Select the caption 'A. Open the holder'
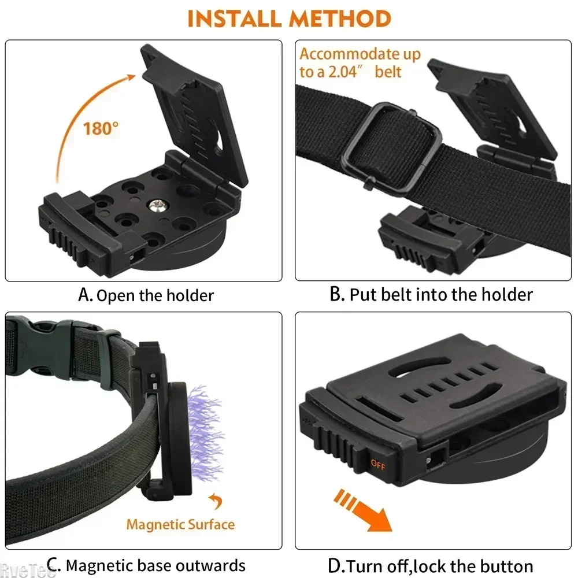click(146, 295)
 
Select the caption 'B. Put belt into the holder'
click(431, 295)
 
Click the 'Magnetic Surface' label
click(180, 525)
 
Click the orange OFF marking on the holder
click(377, 463)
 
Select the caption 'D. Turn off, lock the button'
click(431, 565)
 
